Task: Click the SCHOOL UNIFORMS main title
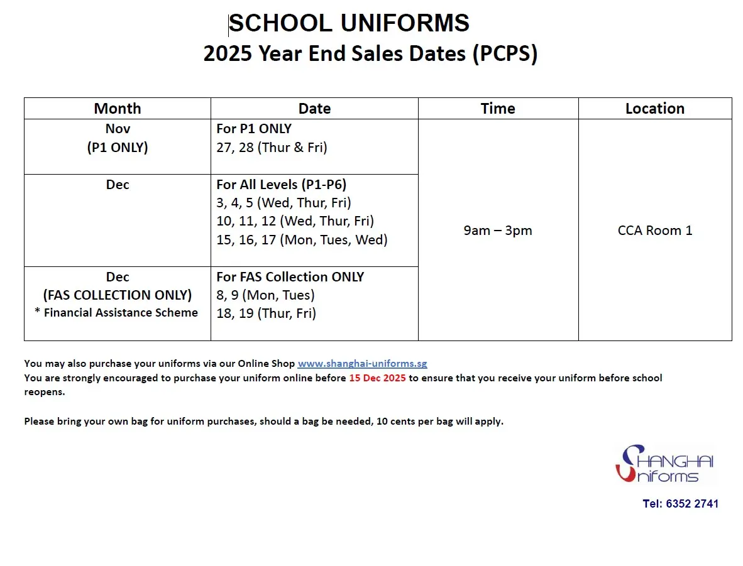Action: (349, 24)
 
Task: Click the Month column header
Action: (118, 108)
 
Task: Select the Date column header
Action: (314, 108)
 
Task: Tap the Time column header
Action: (498, 108)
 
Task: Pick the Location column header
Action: (654, 108)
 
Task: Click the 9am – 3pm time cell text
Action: (498, 231)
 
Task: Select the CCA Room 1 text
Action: (654, 231)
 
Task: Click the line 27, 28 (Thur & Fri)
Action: (272, 148)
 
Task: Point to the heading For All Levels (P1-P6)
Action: (281, 185)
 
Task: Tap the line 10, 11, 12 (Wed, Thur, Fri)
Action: (295, 221)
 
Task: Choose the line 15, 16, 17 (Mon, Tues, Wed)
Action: (302, 239)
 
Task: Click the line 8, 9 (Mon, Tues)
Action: (265, 295)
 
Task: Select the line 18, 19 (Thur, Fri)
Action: (266, 313)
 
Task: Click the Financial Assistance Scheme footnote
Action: (121, 313)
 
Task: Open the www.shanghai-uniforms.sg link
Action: (362, 364)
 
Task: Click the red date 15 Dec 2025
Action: (377, 378)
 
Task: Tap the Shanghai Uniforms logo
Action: (664, 464)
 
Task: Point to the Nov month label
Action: (118, 129)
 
